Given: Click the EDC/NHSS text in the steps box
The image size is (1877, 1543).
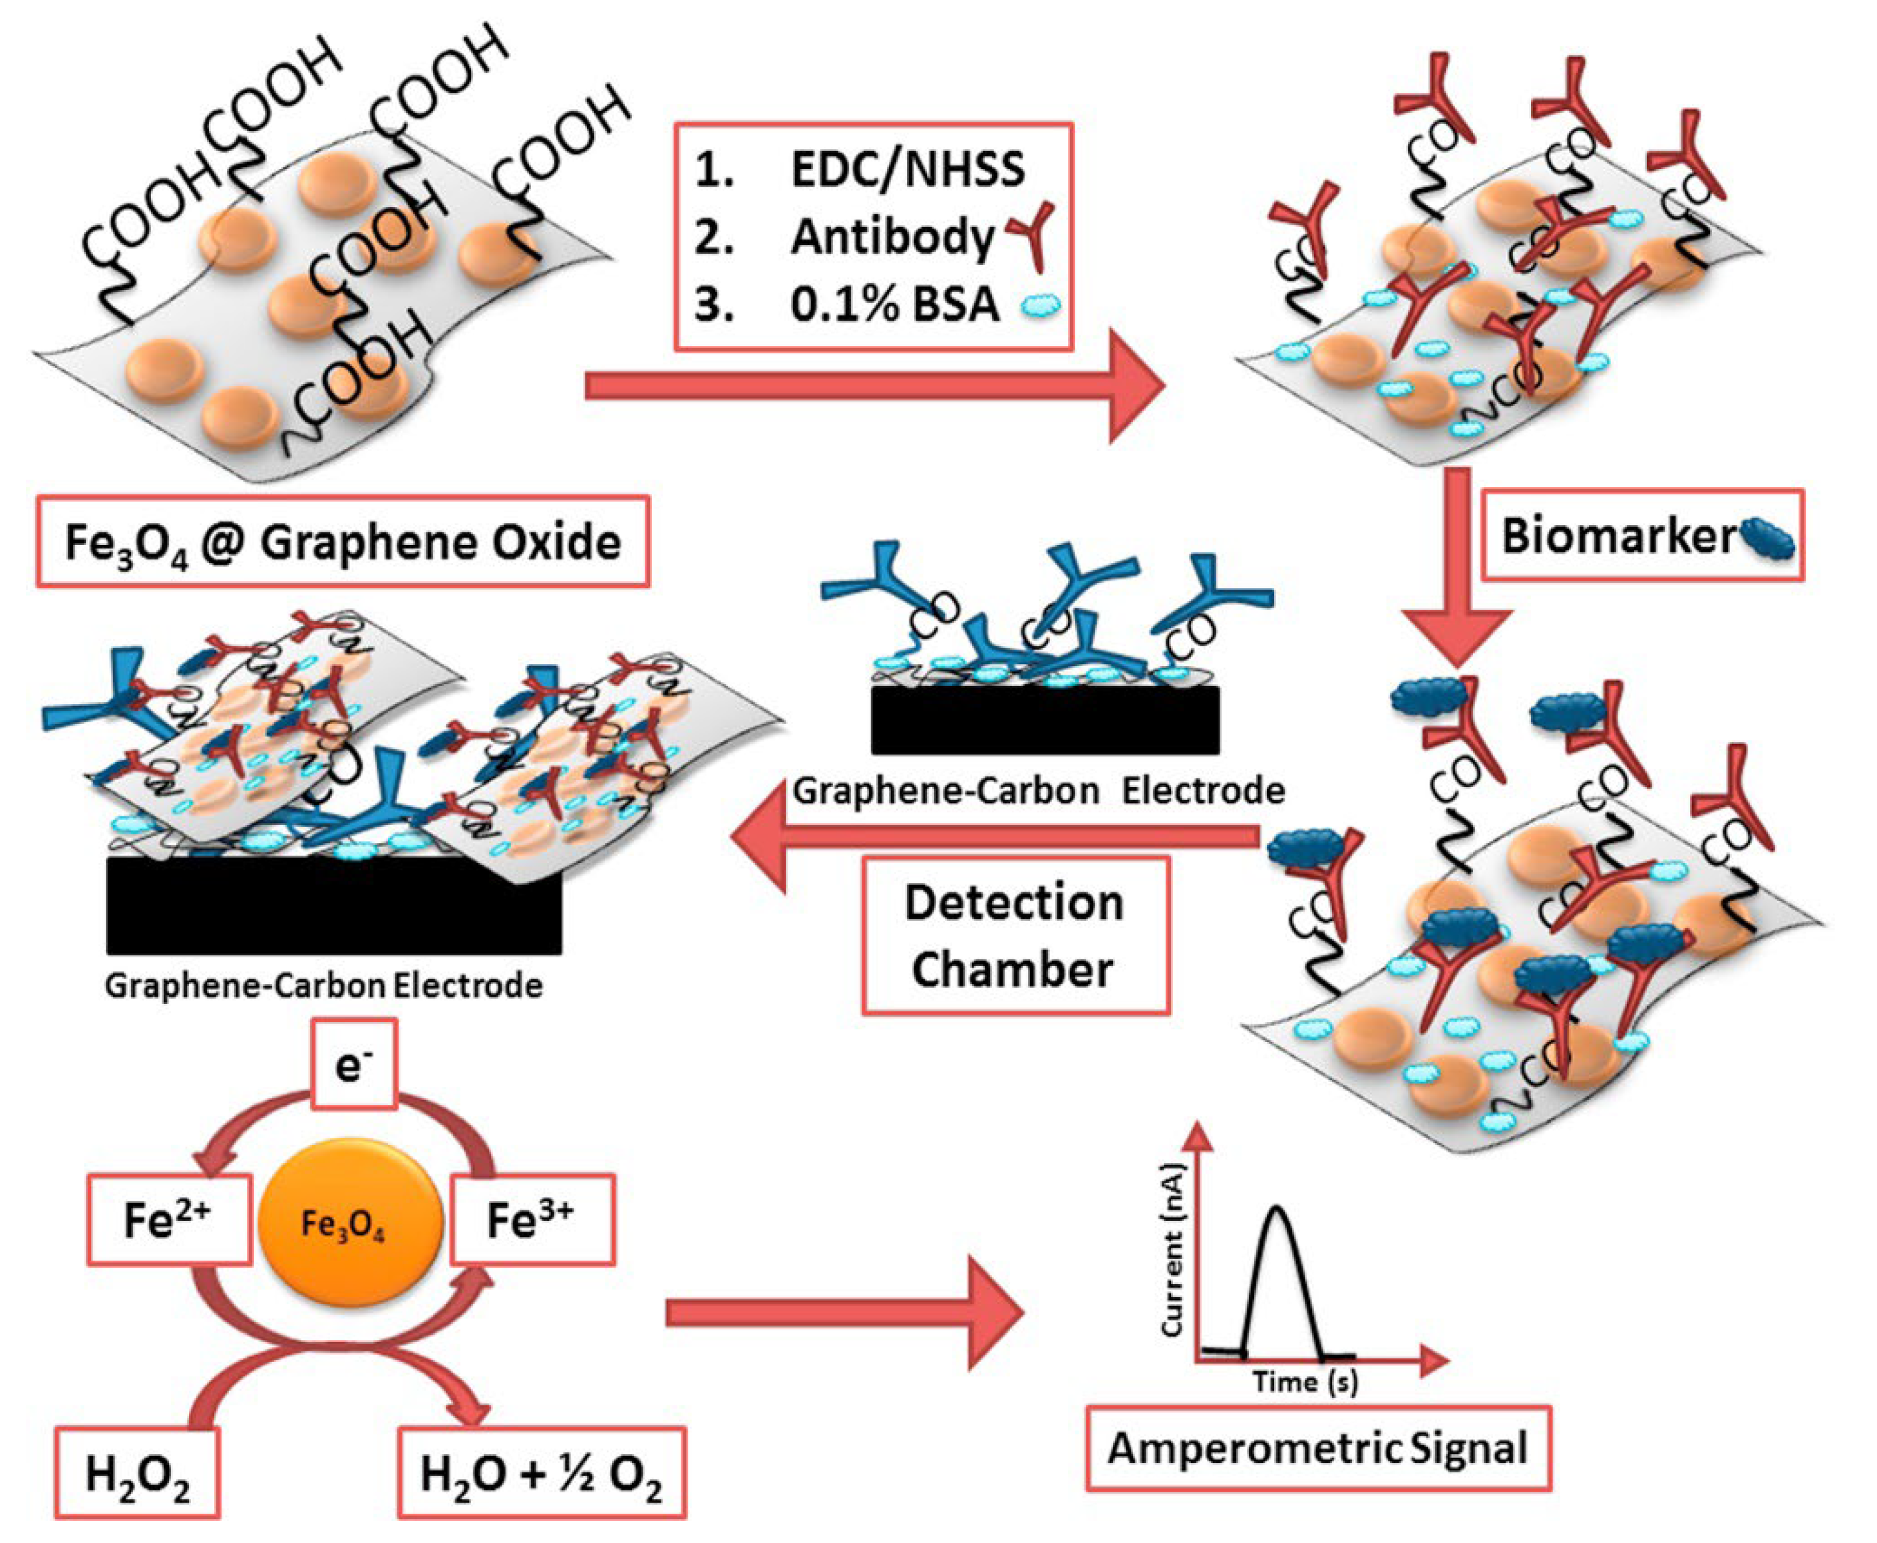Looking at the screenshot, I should (x=906, y=170).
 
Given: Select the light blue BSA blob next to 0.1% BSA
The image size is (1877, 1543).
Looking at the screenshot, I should (x=1041, y=307).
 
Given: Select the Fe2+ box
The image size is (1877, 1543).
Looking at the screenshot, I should (x=168, y=1220).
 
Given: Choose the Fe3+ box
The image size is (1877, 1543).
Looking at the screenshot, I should (x=532, y=1220).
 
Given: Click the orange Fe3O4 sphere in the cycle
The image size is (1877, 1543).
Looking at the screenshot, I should (x=349, y=1222).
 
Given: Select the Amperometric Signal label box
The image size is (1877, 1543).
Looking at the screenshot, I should (x=1317, y=1448).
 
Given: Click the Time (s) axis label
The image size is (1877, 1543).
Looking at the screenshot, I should (x=1305, y=1381).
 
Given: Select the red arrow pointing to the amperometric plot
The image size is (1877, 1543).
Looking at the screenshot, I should (x=844, y=1313).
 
